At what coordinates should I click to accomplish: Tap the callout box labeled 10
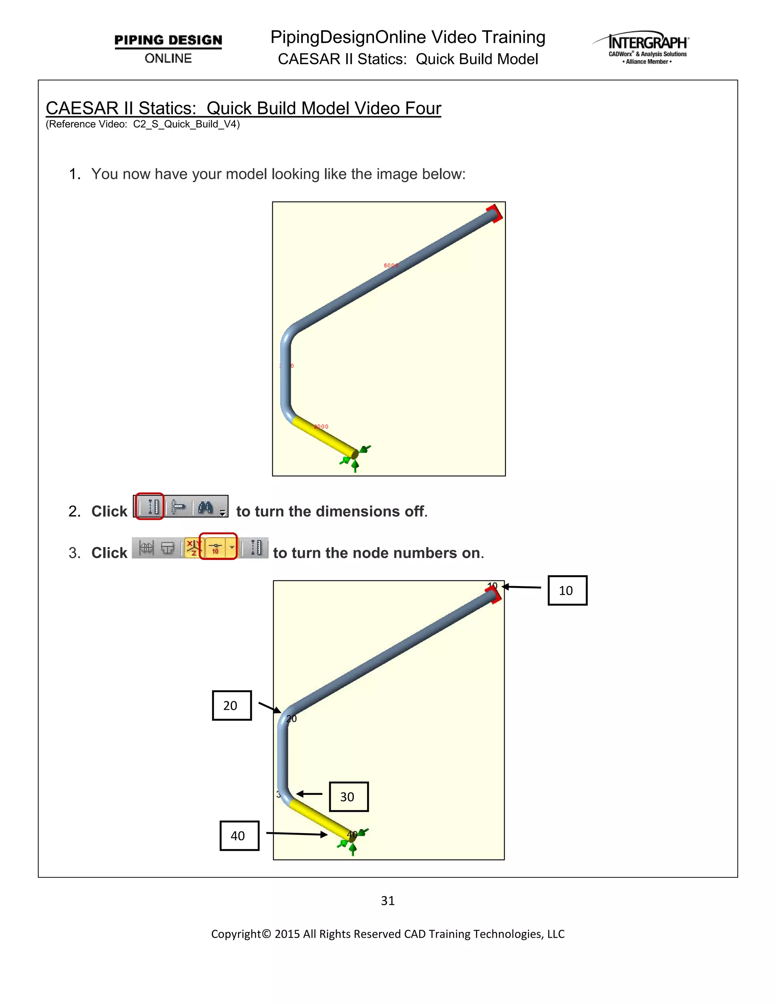(567, 590)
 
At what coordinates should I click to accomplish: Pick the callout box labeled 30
(349, 797)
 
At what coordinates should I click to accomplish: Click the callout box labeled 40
(239, 836)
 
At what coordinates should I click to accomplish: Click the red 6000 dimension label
(391, 265)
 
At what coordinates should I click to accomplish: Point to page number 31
(388, 901)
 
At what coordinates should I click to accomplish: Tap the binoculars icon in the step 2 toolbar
(205, 507)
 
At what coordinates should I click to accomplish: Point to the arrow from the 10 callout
(521, 587)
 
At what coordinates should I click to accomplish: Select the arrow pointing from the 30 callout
(310, 794)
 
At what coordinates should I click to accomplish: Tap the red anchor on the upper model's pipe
(494, 213)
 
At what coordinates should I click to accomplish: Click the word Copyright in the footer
(235, 934)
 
